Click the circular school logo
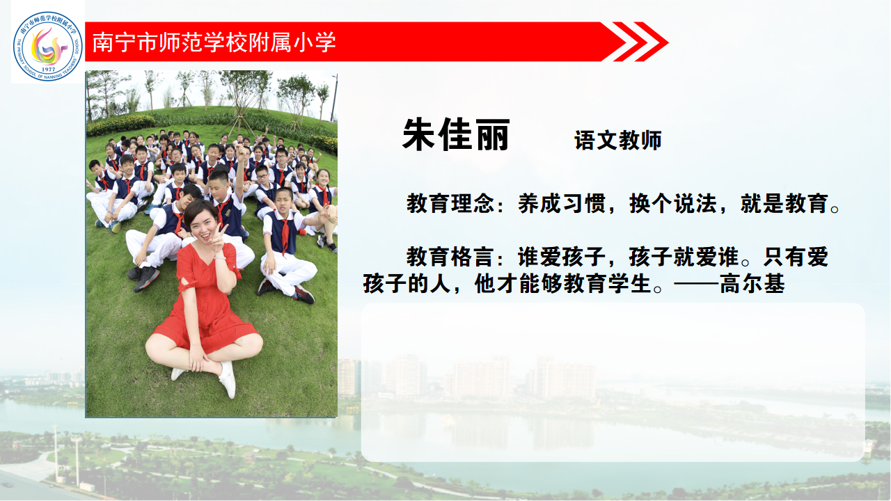[x=48, y=46]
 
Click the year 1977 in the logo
[x=48, y=70]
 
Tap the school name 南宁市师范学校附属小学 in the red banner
[x=214, y=42]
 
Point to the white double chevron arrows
[x=641, y=42]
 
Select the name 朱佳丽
[x=456, y=134]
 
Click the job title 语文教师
[x=617, y=140]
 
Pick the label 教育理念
[x=450, y=203]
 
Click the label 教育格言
[x=450, y=257]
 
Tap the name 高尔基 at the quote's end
[x=752, y=283]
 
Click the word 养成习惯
[x=562, y=203]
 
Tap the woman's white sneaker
[x=228, y=379]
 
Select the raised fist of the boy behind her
[x=241, y=151]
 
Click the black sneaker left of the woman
[x=145, y=278]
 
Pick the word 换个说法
[x=673, y=203]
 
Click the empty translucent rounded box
[x=613, y=382]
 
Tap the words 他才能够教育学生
[x=563, y=283]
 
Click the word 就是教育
[x=784, y=203]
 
